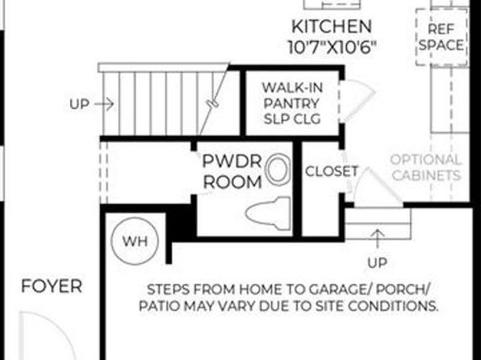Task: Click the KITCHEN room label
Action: pyautogui.click(x=332, y=27)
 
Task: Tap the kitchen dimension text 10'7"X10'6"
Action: pyautogui.click(x=332, y=48)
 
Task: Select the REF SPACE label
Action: pyautogui.click(x=441, y=37)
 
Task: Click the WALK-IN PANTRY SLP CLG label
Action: pyautogui.click(x=292, y=103)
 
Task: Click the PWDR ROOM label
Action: pyautogui.click(x=232, y=171)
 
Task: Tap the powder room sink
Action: pyautogui.click(x=278, y=170)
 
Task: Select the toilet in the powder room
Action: pyautogui.click(x=268, y=214)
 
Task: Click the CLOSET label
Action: pyautogui.click(x=332, y=171)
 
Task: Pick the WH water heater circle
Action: pyautogui.click(x=135, y=241)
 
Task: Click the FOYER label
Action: pyautogui.click(x=52, y=287)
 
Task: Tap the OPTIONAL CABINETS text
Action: pyautogui.click(x=426, y=168)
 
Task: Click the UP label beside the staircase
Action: pyautogui.click(x=79, y=104)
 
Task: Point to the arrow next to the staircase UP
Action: pyautogui.click(x=104, y=104)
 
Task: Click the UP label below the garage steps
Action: pyautogui.click(x=377, y=262)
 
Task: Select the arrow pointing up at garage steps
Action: pyautogui.click(x=378, y=238)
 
